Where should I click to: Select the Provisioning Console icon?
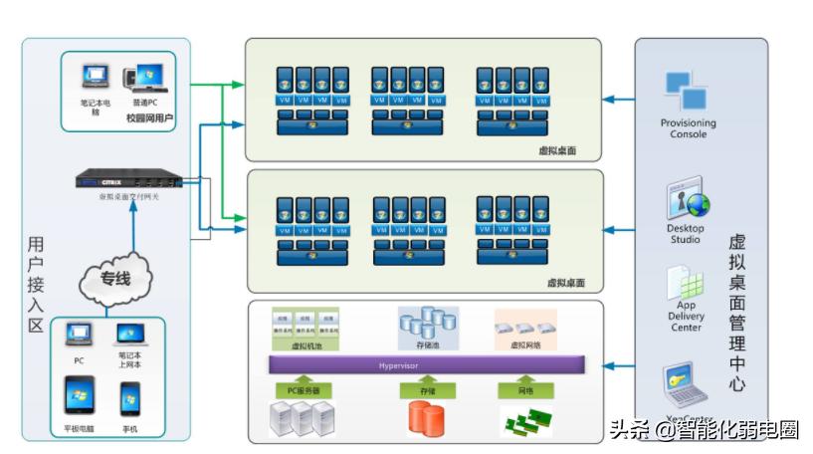click(x=688, y=91)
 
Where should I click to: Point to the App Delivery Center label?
click(x=687, y=317)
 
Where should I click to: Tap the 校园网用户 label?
click(x=149, y=118)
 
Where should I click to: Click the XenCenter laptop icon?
click(x=686, y=383)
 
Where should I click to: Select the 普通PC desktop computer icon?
click(x=144, y=79)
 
